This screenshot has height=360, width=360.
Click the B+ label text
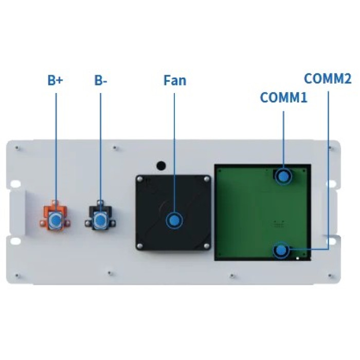[x=55, y=80]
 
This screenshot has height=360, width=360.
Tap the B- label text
[x=101, y=80]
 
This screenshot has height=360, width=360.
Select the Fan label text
[x=175, y=80]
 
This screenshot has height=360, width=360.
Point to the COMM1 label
[x=283, y=97]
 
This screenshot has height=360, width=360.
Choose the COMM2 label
[x=328, y=79]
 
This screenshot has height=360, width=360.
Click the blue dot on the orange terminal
[x=56, y=220]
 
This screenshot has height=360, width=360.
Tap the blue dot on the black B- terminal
[x=100, y=220]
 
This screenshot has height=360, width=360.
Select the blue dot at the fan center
[x=174, y=221]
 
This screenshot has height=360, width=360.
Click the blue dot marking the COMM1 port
[x=283, y=176]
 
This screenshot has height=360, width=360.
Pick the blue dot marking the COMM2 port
[x=281, y=250]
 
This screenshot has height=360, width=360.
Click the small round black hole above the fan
[x=161, y=166]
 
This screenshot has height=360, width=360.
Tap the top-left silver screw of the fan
[x=140, y=179]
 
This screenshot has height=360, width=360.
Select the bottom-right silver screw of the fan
[x=206, y=246]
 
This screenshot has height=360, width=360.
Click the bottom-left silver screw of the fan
[x=139, y=246]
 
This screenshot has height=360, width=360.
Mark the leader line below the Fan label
[x=174, y=154]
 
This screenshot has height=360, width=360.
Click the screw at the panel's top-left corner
[x=17, y=148]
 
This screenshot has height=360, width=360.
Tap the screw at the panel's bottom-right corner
[x=330, y=275]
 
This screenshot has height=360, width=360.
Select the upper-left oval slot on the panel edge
[x=15, y=184]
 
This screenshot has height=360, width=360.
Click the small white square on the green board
[x=298, y=258]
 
